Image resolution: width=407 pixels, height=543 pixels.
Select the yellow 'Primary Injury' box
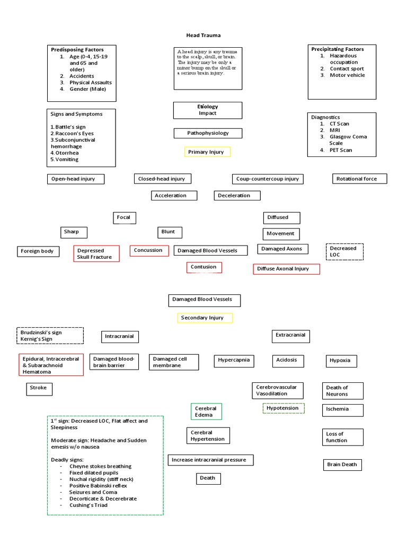click(207, 152)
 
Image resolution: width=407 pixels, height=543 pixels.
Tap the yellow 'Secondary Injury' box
click(205, 318)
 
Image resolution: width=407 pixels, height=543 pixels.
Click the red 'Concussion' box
click(149, 250)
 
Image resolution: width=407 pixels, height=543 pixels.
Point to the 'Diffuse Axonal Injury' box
click(286, 269)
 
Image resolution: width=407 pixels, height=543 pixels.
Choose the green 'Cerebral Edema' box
click(206, 411)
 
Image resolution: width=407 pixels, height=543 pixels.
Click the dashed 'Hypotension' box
click(284, 408)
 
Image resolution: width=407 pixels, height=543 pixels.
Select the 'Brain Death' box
click(342, 465)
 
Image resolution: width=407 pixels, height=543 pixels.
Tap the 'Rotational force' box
click(359, 179)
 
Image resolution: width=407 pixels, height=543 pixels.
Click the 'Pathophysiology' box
click(208, 133)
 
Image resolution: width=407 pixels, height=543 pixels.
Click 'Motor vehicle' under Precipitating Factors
click(347, 75)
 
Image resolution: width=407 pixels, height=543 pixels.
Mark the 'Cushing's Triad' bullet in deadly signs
click(88, 505)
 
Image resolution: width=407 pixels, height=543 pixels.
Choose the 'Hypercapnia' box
click(234, 361)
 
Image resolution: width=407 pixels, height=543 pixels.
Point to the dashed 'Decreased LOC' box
click(344, 251)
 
